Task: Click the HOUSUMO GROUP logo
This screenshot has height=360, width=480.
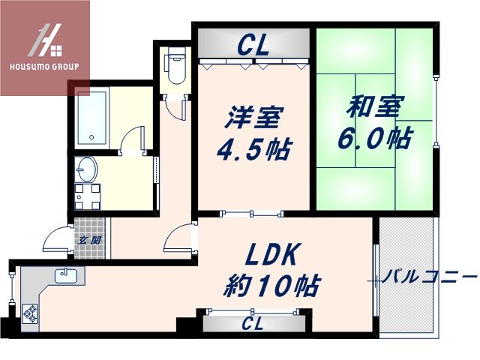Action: click(45, 47)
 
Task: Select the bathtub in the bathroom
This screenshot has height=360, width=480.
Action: click(92, 118)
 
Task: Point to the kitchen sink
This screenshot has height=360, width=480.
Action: click(65, 275)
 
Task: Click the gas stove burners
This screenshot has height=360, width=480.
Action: click(31, 313)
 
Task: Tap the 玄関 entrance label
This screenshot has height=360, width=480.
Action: click(83, 240)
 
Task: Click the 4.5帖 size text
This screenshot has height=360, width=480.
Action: click(253, 149)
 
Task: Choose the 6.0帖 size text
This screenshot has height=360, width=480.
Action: click(372, 138)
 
